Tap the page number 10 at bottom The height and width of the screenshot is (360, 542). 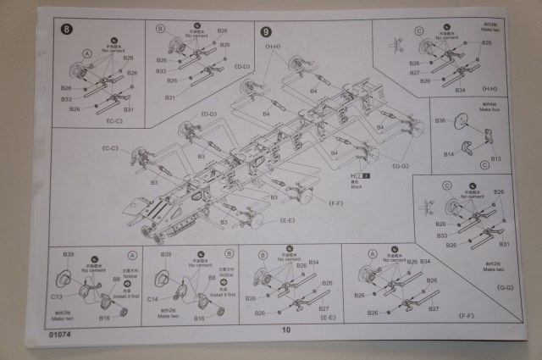coord(286,330)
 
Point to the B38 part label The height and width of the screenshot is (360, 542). coord(440,121)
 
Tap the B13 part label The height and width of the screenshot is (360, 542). coord(495,158)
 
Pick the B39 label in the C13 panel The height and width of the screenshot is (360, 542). coord(68,254)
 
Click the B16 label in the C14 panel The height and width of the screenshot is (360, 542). coord(198,318)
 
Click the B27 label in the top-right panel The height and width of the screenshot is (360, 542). coord(416,73)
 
